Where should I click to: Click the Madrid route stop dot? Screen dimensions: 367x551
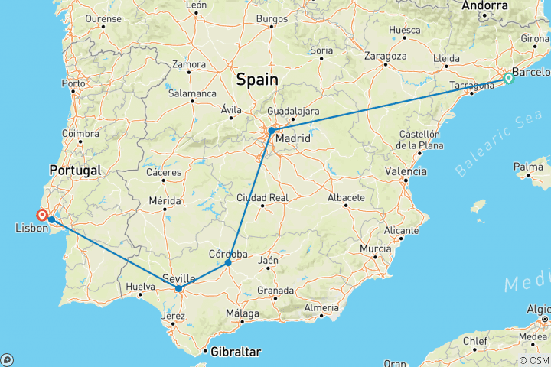(x=271, y=131)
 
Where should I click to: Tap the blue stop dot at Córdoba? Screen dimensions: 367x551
(x=228, y=263)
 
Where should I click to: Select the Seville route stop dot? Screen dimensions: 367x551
(x=178, y=289)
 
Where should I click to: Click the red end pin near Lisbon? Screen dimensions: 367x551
(x=41, y=215)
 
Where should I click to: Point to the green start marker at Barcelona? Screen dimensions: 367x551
(x=508, y=78)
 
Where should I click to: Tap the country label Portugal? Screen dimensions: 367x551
(x=75, y=169)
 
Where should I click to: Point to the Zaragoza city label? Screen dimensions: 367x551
(x=385, y=56)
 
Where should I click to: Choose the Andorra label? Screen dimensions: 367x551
(x=485, y=5)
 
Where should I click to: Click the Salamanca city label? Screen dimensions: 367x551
(x=193, y=93)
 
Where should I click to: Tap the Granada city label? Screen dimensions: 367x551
(x=275, y=291)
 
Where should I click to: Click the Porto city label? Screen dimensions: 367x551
(x=73, y=83)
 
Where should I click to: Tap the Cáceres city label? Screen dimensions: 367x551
(x=165, y=172)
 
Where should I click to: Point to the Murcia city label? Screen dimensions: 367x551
(x=375, y=248)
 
